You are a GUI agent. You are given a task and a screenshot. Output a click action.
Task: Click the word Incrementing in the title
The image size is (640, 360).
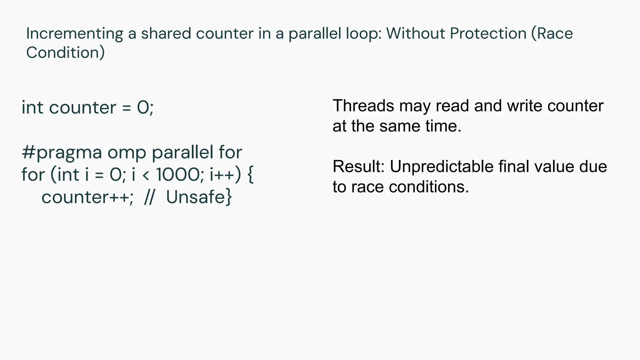[x=75, y=34]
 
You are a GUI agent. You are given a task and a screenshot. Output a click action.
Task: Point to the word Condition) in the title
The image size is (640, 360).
[x=65, y=52]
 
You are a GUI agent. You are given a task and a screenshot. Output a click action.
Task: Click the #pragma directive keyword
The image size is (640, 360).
[x=62, y=152]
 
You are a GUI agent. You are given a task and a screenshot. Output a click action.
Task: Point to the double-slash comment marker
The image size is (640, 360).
[x=149, y=197]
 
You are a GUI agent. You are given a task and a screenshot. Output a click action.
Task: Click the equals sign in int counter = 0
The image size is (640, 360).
[x=126, y=108]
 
